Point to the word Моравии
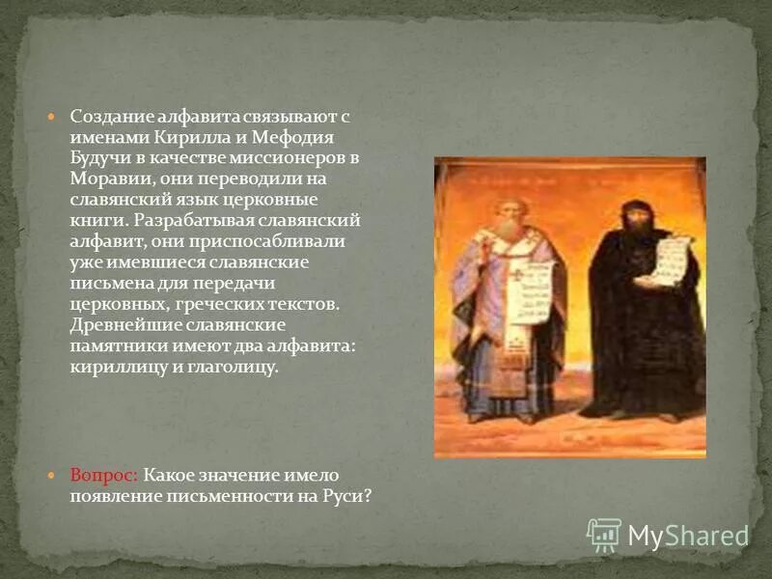[x=104, y=178]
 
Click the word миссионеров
[x=298, y=156]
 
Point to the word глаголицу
[x=234, y=368]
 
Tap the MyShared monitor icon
[x=604, y=535]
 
